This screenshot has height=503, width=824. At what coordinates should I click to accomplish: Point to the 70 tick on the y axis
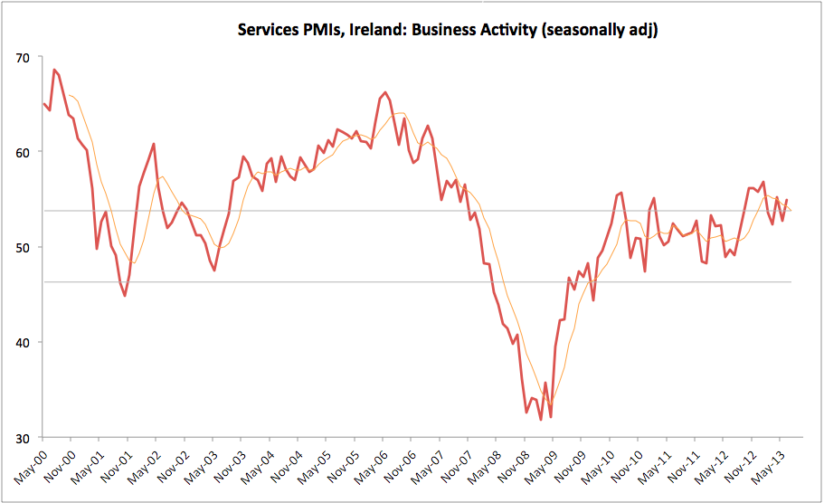[23, 58]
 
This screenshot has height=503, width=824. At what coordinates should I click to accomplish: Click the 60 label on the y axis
[23, 153]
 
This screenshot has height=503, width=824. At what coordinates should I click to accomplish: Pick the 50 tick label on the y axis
[23, 248]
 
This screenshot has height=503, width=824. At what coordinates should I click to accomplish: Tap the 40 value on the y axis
[23, 343]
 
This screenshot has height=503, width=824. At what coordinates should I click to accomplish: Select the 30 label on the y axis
[23, 438]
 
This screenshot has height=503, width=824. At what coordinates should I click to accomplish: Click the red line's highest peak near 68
[54, 70]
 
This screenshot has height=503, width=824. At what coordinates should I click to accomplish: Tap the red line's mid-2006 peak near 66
[386, 92]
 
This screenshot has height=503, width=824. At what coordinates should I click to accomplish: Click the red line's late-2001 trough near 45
[125, 296]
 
